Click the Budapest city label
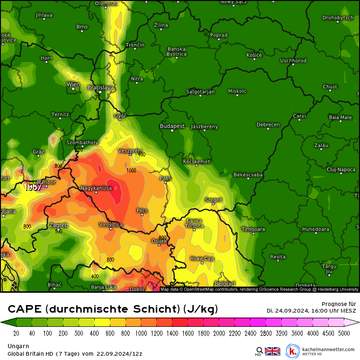pyautogui.click(x=172, y=126)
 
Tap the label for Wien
pyautogui.click(x=73, y=84)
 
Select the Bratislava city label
pyautogui.click(x=101, y=88)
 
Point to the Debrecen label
pyautogui.click(x=268, y=125)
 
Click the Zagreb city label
pyautogui.click(x=58, y=225)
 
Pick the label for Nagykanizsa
pyautogui.click(x=96, y=188)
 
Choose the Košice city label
pyautogui.click(x=254, y=55)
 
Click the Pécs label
pyautogui.click(x=142, y=210)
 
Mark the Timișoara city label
pyautogui.click(x=253, y=229)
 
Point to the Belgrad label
pyautogui.click(x=225, y=284)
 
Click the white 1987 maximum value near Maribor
pyautogui.click(x=34, y=187)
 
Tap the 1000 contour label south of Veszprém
pyautogui.click(x=131, y=171)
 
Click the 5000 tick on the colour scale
pyautogui.click(x=344, y=333)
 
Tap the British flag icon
pyautogui.click(x=272, y=351)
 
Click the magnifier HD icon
pyautogui.click(x=259, y=351)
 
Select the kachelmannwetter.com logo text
pyautogui.click(x=326, y=350)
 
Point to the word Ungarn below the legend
pyautogui.click(x=18, y=346)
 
